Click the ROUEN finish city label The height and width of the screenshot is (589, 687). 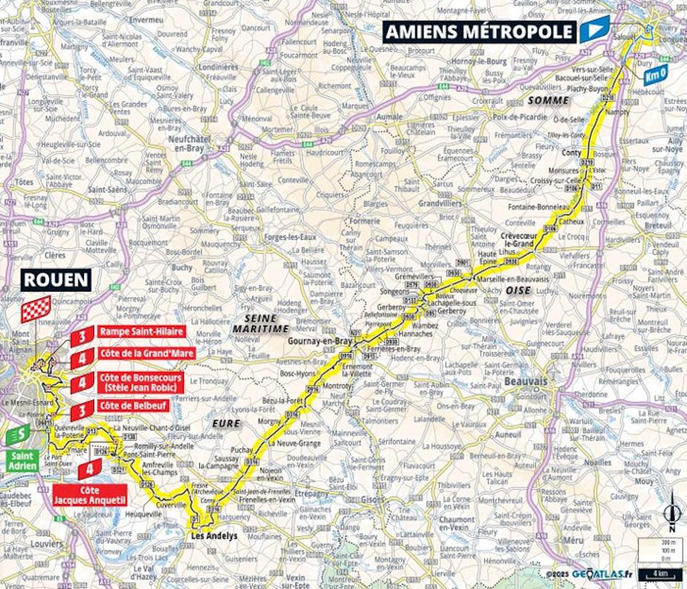point(56,280)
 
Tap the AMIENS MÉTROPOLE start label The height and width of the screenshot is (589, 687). point(479,31)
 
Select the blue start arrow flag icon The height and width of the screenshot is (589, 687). point(591,31)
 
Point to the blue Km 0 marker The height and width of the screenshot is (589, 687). point(656,72)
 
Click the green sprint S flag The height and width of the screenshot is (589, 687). point(18,434)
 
